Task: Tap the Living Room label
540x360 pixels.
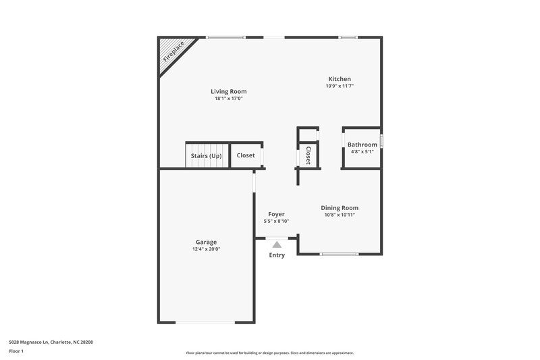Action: coord(228,91)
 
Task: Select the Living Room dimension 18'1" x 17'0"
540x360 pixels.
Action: coord(228,99)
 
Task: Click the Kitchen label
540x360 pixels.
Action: coord(340,79)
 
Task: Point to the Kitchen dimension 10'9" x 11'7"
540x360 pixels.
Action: coord(340,86)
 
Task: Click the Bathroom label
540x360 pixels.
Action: coord(362,145)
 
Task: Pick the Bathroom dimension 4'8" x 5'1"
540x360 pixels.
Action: coord(362,151)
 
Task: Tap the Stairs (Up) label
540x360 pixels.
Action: coord(206,155)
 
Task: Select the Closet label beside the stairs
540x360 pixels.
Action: coord(246,155)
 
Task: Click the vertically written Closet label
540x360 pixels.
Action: coord(308,155)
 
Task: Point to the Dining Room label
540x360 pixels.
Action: coord(340,208)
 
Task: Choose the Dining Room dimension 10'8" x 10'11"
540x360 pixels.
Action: coord(340,215)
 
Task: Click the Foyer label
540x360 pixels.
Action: coord(276,214)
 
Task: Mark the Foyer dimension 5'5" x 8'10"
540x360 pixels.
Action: coord(276,221)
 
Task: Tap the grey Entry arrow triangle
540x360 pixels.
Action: coord(277,245)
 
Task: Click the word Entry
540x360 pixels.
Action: coord(277,255)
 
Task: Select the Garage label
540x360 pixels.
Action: coord(206,242)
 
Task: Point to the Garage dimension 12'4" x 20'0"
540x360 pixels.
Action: coord(206,249)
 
